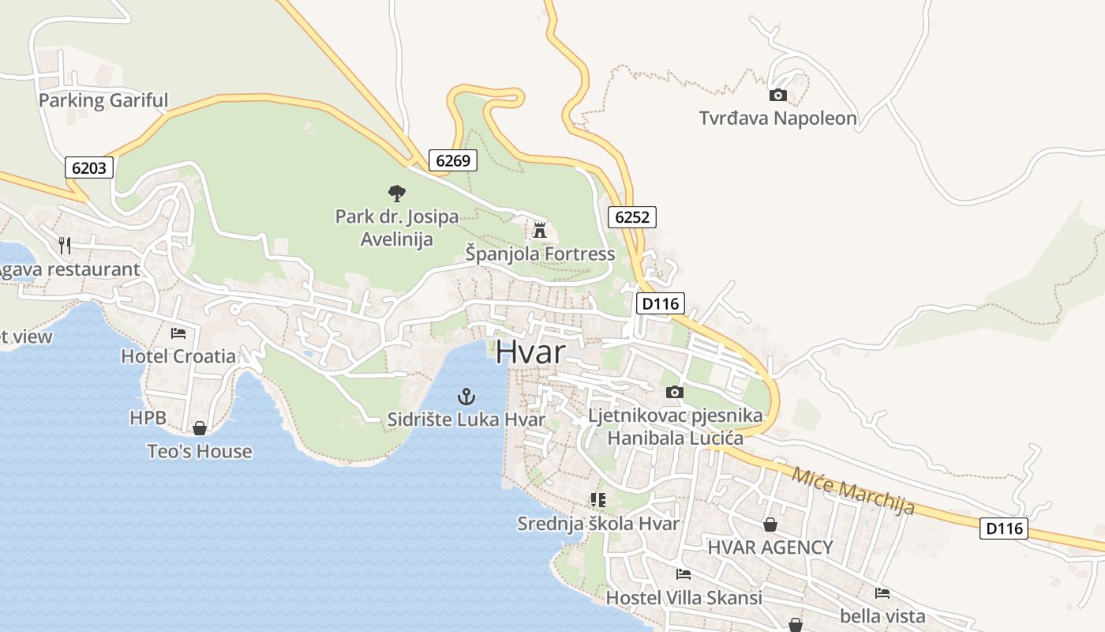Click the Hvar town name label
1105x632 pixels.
(530, 352)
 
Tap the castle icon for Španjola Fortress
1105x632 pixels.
(540, 230)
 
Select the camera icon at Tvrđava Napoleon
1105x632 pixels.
(777, 95)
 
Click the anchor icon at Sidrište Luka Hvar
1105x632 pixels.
(466, 396)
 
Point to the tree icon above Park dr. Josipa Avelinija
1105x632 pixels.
(396, 193)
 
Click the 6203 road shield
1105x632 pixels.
(89, 167)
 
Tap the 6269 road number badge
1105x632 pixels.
(453, 160)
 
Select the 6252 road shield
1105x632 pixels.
(632, 216)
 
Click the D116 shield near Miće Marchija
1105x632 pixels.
(1004, 528)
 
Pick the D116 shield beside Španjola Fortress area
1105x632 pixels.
(661, 303)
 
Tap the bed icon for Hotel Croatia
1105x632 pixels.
(178, 333)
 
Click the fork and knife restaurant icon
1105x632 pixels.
(65, 246)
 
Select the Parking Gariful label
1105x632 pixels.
(103, 100)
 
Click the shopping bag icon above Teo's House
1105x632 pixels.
(200, 428)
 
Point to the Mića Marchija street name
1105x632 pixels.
(852, 491)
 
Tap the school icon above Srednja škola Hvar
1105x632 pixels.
(597, 499)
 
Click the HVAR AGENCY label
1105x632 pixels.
(770, 547)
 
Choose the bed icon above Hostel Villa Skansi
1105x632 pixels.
(684, 574)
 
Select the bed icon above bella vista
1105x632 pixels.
(882, 592)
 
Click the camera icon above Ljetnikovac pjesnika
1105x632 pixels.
(674, 392)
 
